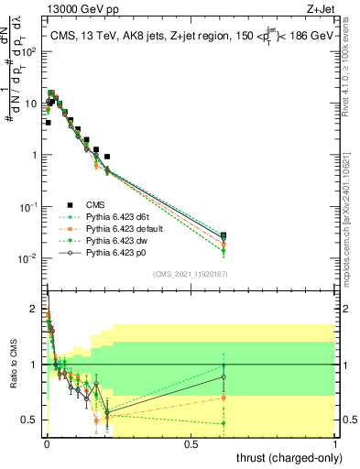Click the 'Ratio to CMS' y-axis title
click(14, 365)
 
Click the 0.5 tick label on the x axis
click(191, 443)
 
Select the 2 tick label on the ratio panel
click(34, 309)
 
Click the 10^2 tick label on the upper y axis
click(29, 51)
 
